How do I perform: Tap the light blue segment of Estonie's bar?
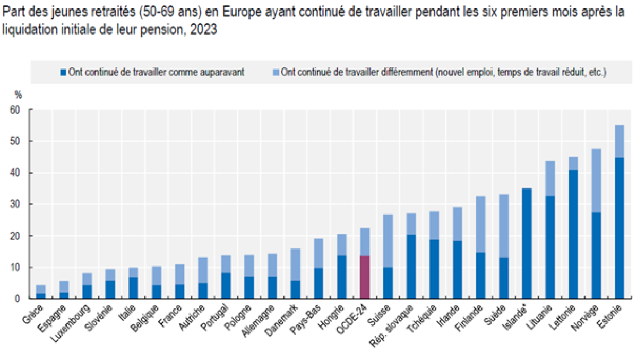click(x=619, y=141)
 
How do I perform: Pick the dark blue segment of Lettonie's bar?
click(x=573, y=234)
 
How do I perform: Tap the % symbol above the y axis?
click(x=18, y=96)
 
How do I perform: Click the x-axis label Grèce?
click(x=32, y=313)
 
